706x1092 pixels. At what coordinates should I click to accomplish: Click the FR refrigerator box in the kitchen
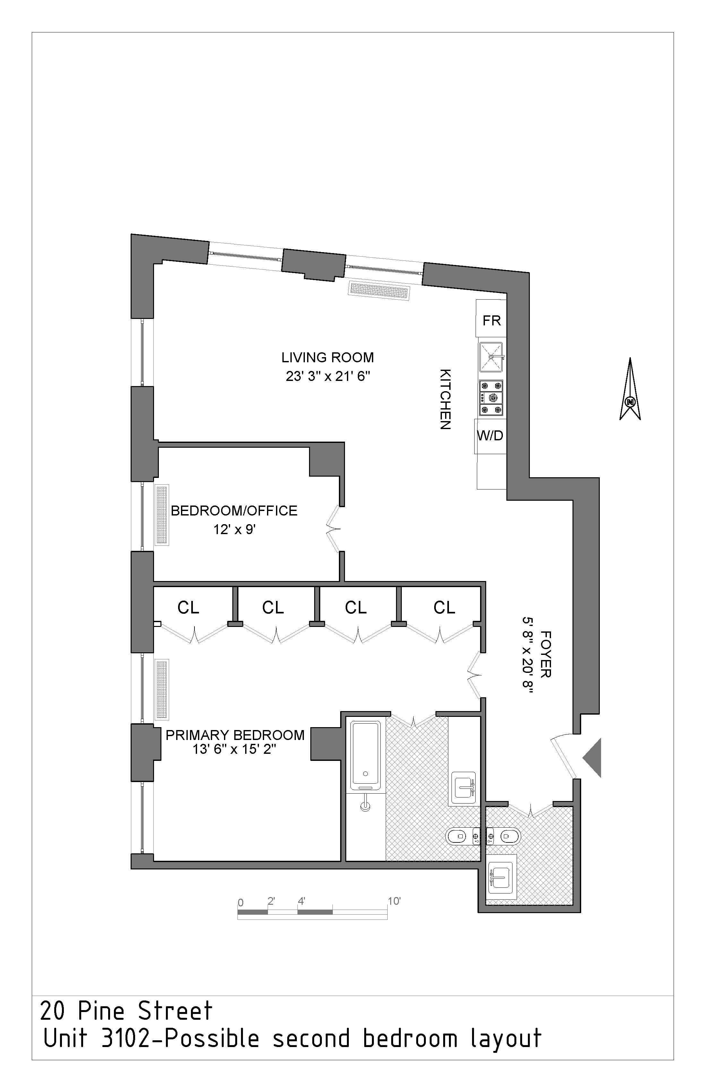(491, 320)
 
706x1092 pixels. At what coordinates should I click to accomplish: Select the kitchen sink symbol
(491, 357)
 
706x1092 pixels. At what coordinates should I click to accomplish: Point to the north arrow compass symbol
(630, 390)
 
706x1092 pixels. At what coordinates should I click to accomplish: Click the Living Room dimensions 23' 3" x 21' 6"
(327, 376)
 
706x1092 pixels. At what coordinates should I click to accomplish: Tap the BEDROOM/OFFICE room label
(234, 511)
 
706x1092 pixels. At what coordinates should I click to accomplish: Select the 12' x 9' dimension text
(234, 530)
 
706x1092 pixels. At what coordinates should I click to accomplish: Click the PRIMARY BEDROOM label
(235, 735)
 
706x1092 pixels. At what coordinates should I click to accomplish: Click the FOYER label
(546, 654)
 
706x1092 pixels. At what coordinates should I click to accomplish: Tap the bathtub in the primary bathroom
(366, 755)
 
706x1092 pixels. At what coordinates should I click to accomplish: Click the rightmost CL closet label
(444, 607)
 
